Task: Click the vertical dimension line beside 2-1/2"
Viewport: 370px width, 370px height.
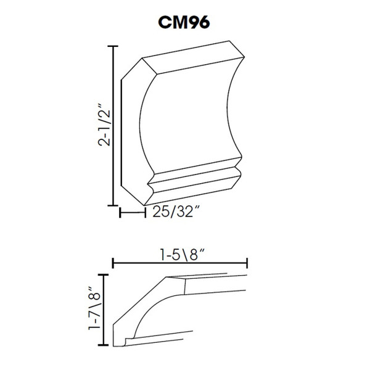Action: point(113,126)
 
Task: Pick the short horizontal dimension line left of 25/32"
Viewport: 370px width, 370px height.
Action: point(131,213)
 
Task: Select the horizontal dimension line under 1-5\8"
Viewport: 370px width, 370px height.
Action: point(179,263)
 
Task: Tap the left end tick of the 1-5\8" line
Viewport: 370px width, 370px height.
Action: point(113,263)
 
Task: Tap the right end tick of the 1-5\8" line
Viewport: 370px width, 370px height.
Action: point(247,263)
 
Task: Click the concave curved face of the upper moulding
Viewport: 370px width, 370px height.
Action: point(185,117)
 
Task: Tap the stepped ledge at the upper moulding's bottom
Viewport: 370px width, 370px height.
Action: point(194,179)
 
